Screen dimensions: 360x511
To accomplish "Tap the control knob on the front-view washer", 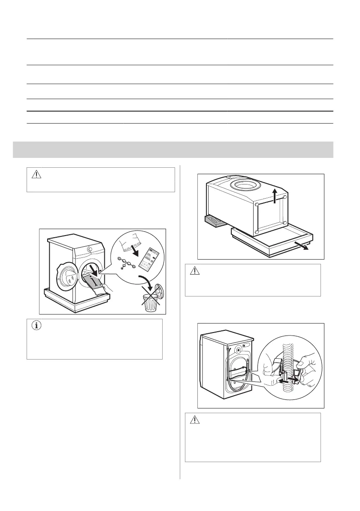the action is (89, 249).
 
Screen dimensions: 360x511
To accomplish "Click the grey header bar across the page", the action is (180, 149).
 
